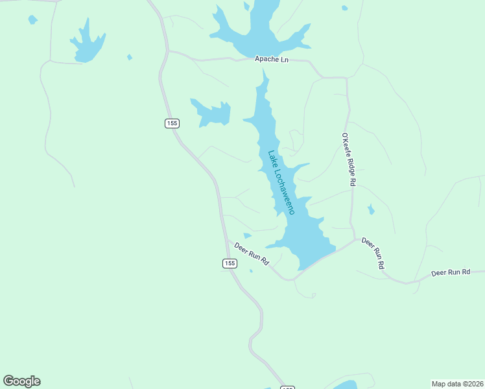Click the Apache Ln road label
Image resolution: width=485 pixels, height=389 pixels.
coord(271,60)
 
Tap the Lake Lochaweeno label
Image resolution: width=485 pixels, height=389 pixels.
coord(282,183)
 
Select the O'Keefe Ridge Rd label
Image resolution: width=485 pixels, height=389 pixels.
coord(348,159)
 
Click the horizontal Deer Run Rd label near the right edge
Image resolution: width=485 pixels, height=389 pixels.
coord(451,272)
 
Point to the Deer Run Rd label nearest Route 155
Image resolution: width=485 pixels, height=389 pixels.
coord(252,253)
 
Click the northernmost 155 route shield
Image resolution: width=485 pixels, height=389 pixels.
coord(172,123)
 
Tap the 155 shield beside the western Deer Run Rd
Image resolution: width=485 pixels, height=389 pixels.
coord(229,263)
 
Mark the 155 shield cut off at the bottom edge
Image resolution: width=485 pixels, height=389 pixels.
coord(287,387)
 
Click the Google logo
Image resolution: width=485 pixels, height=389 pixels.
coord(22,381)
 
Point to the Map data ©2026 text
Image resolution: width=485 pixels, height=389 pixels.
coord(457,383)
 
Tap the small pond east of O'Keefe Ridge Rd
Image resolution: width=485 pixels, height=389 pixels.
coord(371,209)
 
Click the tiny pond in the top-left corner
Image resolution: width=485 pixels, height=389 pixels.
coord(32,20)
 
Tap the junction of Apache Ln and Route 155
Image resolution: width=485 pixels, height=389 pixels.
coord(168,51)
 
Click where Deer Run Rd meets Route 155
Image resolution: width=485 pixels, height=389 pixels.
coord(226,239)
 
